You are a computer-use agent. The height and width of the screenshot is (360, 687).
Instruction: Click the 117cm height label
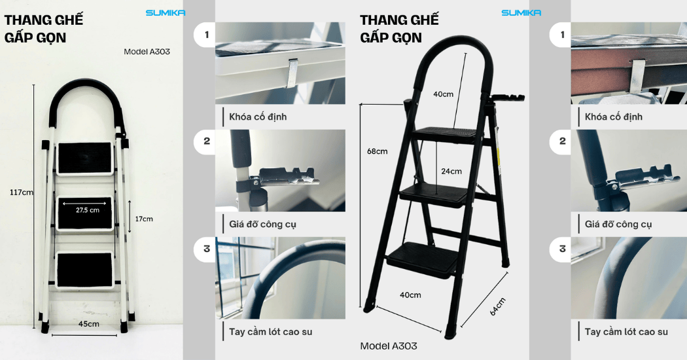(22, 192)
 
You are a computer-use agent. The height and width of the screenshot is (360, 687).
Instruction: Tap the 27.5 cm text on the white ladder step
(88, 210)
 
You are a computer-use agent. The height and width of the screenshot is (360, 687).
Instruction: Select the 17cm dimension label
(144, 219)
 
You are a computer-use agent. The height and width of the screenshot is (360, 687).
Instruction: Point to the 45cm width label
(88, 324)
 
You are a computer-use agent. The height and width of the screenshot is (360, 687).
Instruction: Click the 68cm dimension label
(378, 151)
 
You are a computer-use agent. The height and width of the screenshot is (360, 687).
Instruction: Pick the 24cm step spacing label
(451, 171)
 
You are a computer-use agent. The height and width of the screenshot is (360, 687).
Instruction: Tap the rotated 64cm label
(497, 306)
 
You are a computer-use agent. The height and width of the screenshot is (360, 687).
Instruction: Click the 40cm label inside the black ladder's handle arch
(444, 94)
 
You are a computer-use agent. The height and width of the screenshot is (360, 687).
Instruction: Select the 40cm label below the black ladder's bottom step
(410, 295)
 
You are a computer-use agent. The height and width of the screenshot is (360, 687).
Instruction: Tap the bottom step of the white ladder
(85, 270)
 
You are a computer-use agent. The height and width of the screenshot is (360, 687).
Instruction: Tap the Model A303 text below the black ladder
(389, 346)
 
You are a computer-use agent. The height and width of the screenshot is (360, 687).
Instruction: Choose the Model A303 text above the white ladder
(147, 52)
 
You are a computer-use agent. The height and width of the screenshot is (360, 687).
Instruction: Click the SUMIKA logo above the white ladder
(165, 13)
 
